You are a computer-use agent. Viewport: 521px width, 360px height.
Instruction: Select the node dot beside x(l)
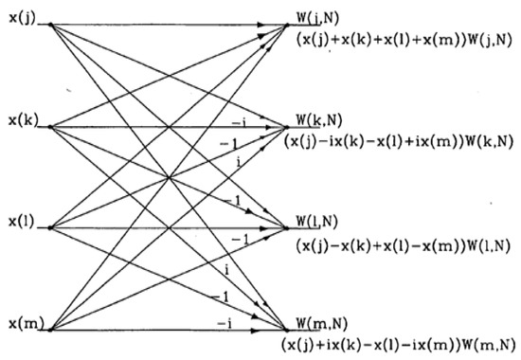[49, 227]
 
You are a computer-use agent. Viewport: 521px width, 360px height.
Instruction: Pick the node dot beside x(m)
[49, 329]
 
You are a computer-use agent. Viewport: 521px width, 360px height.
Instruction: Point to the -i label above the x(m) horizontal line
[226, 322]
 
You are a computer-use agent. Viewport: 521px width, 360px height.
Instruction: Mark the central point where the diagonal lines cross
[169, 177]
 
